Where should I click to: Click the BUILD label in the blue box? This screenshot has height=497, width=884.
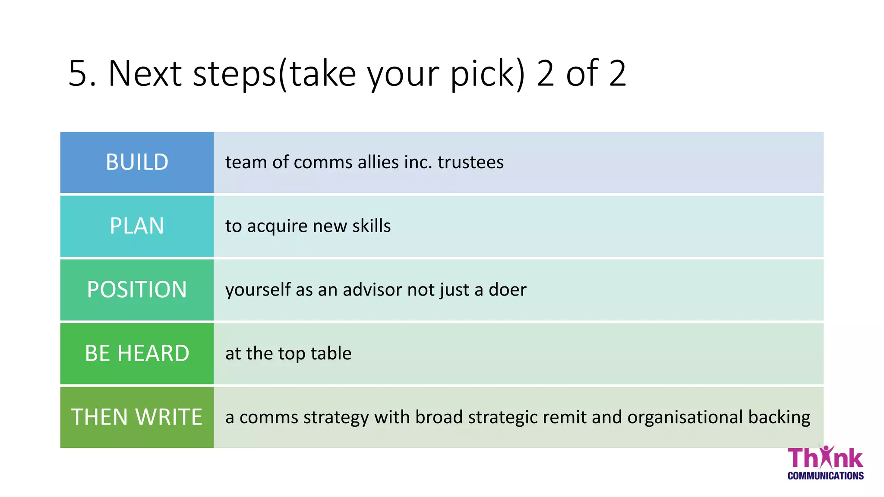137,162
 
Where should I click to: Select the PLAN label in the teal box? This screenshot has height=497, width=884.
137,226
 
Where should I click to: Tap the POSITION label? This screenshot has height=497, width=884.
137,289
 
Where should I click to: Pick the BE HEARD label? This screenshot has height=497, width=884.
137,353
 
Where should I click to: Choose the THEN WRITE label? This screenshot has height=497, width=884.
137,417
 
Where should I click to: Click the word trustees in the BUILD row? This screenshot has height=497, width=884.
470,162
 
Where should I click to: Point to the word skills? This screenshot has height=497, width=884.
371,226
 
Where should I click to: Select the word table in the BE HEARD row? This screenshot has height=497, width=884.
331,353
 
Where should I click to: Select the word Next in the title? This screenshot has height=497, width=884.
145,73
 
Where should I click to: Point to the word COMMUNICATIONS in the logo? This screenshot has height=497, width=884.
825,476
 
